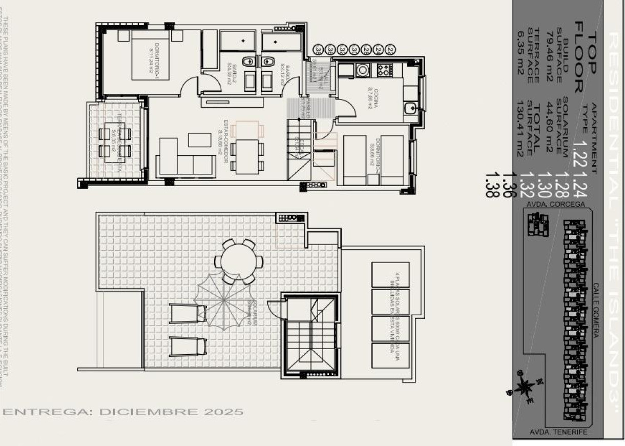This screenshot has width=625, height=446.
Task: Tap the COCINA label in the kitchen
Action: point(372,99)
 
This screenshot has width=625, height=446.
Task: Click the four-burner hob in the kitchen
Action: point(385,70)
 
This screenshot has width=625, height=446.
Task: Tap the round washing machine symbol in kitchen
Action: point(363,70)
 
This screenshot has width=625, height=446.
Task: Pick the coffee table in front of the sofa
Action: point(200,140)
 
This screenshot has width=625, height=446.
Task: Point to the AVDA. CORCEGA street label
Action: point(555,204)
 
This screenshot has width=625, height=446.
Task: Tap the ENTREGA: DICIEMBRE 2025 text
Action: point(123,412)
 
